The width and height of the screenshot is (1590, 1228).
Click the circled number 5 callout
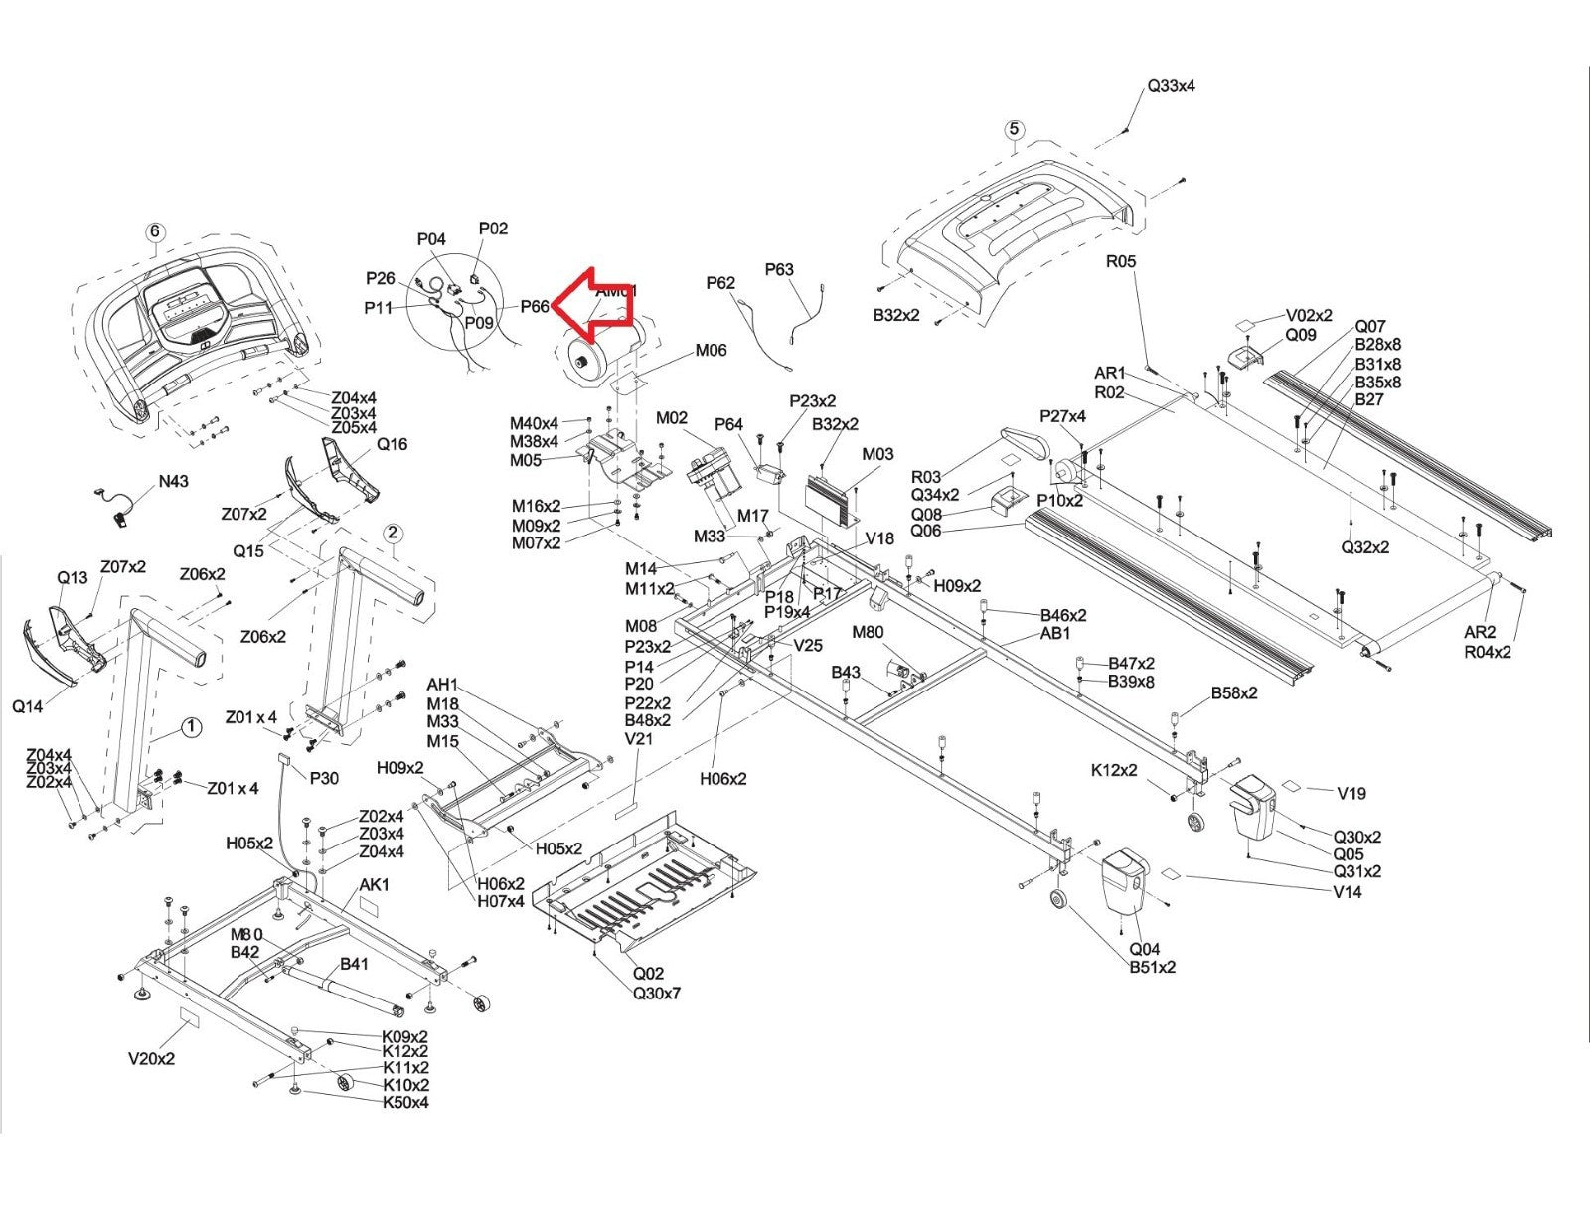pos(1014,129)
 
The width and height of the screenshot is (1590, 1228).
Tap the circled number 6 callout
pos(154,232)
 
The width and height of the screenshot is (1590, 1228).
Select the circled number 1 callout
pos(191,728)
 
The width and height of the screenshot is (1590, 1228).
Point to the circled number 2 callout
pos(393,534)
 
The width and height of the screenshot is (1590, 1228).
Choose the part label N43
pos(173,482)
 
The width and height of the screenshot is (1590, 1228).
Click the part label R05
pos(1120,262)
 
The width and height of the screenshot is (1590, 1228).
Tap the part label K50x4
pos(405,1102)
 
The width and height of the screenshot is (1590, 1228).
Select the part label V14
pos(1348,892)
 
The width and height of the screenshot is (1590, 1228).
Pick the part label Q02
pos(648,974)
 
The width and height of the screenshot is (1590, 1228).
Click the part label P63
pos(779,269)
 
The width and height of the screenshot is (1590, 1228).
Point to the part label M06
pos(711,350)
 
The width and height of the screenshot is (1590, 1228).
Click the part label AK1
pos(374,885)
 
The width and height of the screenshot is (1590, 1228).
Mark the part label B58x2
pos(1233,693)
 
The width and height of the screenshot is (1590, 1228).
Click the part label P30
pos(324,778)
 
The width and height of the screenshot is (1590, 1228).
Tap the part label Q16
pos(392,444)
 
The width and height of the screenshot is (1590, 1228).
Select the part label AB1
pos(1055,633)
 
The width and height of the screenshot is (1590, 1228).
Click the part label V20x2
pos(151,1059)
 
